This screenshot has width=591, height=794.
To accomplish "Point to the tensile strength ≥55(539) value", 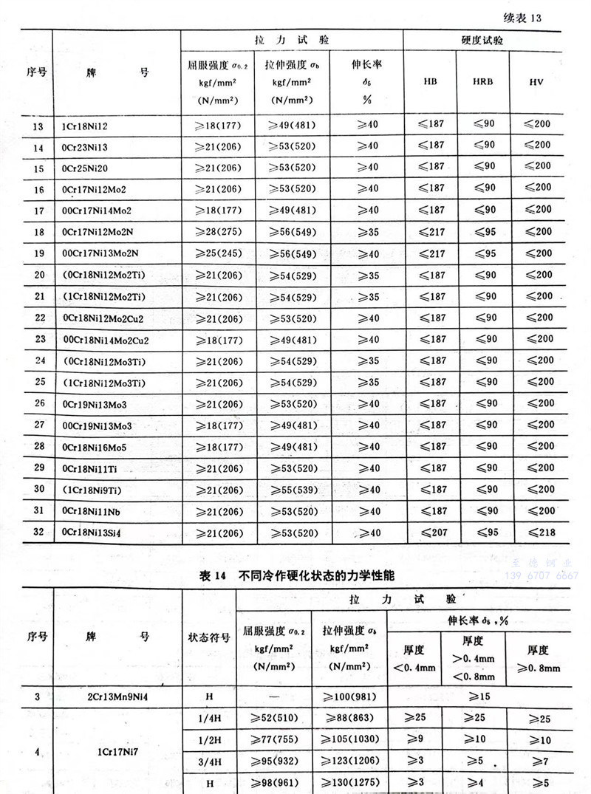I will (x=292, y=490).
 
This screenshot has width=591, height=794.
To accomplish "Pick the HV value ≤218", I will (x=536, y=532).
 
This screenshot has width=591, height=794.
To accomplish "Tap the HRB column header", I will (x=482, y=81).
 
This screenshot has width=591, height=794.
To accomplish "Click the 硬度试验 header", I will (x=482, y=41).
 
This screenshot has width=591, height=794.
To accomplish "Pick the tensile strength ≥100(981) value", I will (x=349, y=695).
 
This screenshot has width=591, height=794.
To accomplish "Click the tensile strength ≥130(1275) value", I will (x=349, y=783).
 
